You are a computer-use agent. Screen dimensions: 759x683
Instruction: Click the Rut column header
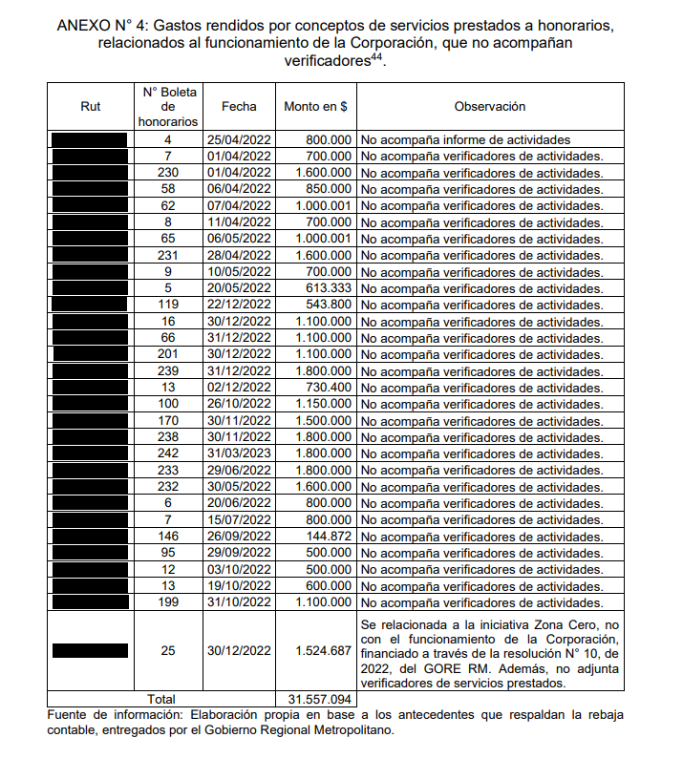click(x=91, y=107)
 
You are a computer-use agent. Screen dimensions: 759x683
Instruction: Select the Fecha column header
click(x=239, y=107)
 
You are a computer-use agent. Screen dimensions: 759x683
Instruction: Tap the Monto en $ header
click(x=315, y=107)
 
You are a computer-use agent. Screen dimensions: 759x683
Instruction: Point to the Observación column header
click(x=490, y=107)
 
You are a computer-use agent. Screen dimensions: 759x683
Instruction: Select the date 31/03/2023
click(x=239, y=453)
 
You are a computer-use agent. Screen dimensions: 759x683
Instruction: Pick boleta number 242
click(x=168, y=453)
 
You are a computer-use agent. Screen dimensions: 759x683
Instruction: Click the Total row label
click(x=168, y=699)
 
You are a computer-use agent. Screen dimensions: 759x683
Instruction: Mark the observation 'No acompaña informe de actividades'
click(x=465, y=139)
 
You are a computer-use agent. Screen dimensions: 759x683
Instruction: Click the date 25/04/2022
click(x=239, y=139)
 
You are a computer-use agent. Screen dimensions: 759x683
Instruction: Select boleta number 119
click(x=168, y=305)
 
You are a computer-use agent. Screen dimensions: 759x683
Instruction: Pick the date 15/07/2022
click(x=239, y=520)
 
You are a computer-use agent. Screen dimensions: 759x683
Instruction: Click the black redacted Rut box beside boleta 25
click(x=91, y=650)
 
